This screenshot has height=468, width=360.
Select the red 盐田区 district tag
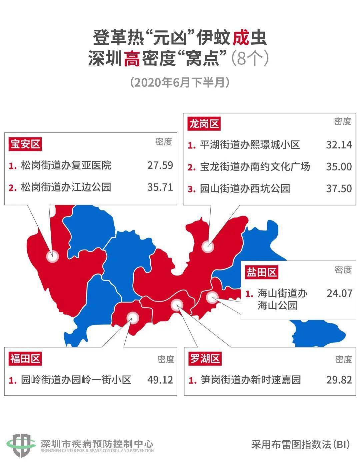262,272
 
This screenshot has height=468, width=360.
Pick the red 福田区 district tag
25,359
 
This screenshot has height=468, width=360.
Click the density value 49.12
160,380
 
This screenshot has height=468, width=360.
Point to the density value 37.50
339,188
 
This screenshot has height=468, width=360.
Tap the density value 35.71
160,187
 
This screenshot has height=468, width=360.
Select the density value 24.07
339,293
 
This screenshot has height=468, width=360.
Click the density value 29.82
339,380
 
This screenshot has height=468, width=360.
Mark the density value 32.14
339,144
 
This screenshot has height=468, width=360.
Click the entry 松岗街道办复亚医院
66,165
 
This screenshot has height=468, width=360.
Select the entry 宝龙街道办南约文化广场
255,166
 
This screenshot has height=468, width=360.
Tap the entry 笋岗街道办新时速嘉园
250,380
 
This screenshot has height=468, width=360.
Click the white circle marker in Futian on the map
133,318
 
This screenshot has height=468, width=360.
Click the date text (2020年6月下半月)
180,82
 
